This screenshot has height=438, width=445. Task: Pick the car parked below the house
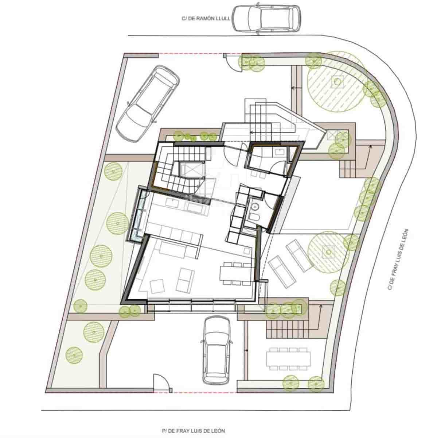point(218,350)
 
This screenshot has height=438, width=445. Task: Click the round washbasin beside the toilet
point(255,207)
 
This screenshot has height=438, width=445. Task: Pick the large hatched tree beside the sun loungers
point(328,252)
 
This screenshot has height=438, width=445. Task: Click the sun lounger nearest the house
point(281,270)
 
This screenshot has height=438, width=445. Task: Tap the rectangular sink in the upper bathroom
point(280,151)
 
